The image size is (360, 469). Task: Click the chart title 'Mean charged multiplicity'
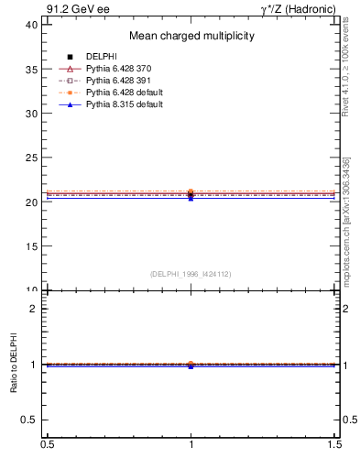click(x=191, y=37)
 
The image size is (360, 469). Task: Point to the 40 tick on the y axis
click(x=31, y=25)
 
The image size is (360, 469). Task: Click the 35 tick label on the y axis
click(x=31, y=69)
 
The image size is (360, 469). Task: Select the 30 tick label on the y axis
click(x=31, y=114)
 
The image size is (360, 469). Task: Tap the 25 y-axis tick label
click(x=31, y=158)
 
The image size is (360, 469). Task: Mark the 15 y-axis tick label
click(x=31, y=246)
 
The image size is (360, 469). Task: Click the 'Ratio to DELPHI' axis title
click(x=14, y=365)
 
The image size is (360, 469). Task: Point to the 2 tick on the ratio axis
click(x=34, y=309)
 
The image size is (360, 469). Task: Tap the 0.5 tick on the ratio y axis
click(x=29, y=420)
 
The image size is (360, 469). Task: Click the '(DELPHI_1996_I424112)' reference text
click(x=191, y=274)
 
